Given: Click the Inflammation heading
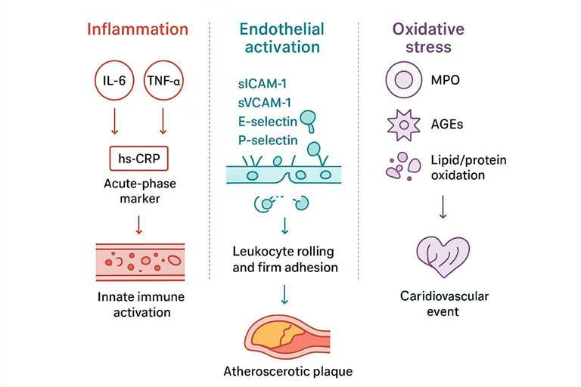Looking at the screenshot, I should pos(137,30).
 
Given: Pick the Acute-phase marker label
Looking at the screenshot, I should pos(138,191).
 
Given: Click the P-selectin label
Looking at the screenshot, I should pos(266,140).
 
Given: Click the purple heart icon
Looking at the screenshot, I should pos(443,254).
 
